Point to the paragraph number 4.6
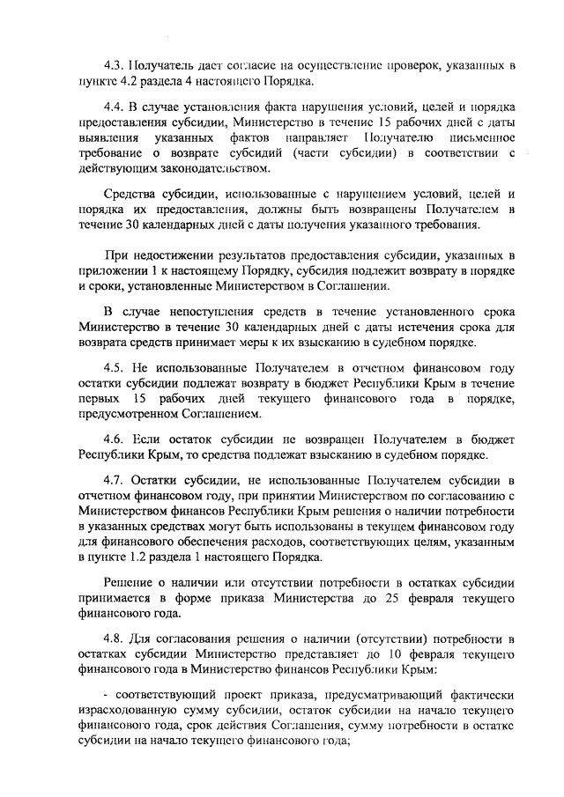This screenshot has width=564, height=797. [x=113, y=438]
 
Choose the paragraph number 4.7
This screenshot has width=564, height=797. [x=113, y=479]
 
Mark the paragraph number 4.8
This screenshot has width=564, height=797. [x=113, y=639]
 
